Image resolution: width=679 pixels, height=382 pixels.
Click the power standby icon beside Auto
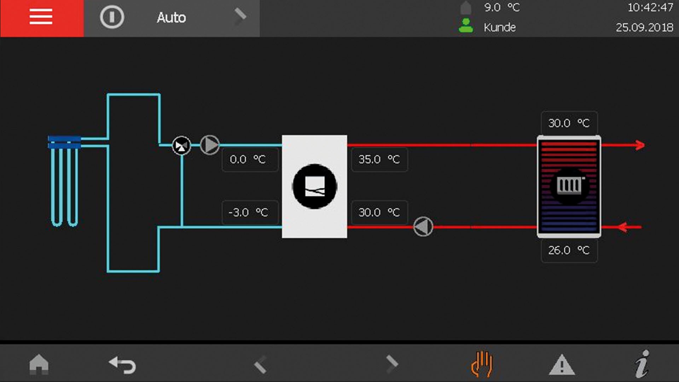click(112, 17)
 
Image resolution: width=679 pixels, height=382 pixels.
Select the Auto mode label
click(171, 18)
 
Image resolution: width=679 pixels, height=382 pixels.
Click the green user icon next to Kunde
click(466, 25)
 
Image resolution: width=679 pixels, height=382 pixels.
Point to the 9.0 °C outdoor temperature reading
click(502, 7)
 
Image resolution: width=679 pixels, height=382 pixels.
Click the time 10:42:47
click(650, 7)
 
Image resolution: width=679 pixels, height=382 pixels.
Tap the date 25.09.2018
click(644, 27)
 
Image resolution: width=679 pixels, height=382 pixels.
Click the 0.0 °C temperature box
click(250, 160)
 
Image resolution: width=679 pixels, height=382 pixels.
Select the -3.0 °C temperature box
click(250, 213)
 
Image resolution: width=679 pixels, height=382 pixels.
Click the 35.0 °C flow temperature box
click(379, 160)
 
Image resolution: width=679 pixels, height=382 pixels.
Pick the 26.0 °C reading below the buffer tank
click(569, 250)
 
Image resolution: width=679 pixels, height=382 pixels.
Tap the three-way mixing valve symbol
click(181, 146)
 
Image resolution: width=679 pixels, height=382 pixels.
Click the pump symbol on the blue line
click(210, 145)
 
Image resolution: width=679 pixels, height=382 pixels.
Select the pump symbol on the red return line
click(423, 226)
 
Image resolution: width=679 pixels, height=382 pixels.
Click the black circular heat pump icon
click(314, 186)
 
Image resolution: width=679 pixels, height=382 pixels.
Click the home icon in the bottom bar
click(39, 364)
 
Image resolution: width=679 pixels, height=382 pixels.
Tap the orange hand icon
click(482, 364)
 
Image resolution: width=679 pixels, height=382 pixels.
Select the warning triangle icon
click(562, 365)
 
